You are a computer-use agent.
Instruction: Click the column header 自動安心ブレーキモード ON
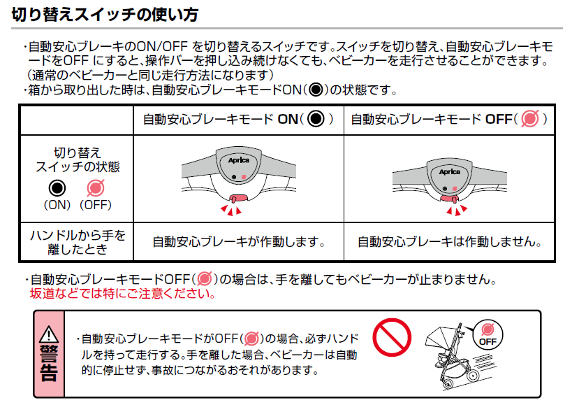[237, 119]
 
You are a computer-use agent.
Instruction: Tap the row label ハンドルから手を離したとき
[77, 241]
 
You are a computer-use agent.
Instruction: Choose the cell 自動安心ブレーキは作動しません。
[450, 242]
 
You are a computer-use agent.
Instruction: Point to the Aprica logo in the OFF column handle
[449, 171]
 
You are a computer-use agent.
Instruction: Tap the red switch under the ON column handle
[239, 199]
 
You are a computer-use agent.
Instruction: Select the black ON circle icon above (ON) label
[58, 187]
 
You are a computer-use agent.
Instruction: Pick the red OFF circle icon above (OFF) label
[95, 187]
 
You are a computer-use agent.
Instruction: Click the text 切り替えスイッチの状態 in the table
[77, 159]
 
